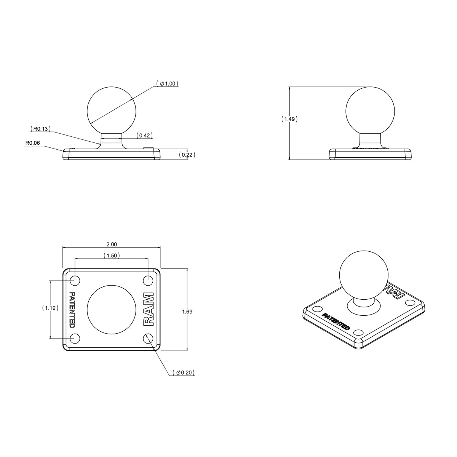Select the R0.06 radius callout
pos(32,144)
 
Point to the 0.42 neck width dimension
pos(144,135)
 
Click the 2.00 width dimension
pos(111,244)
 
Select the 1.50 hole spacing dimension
pos(112,256)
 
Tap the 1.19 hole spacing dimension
pos(50,308)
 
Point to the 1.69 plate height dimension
pos(187,312)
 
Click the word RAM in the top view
pos(148,309)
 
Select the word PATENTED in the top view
pos(72,309)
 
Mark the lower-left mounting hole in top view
pos(75,338)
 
